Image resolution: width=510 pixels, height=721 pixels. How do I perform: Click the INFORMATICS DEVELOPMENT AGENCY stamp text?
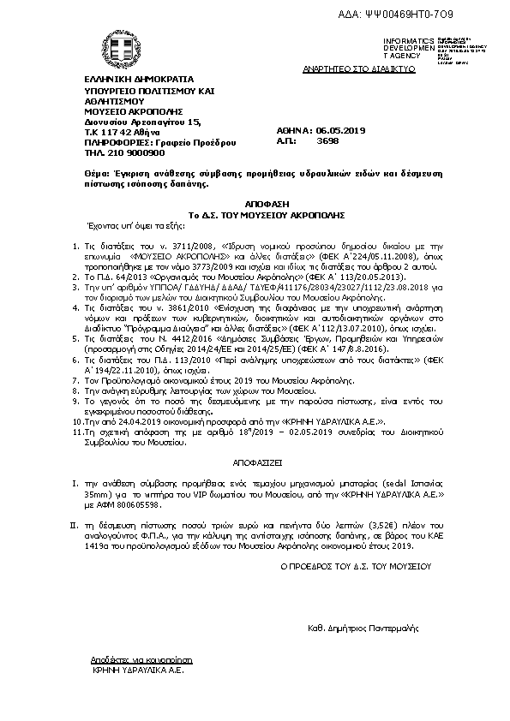(403, 48)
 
